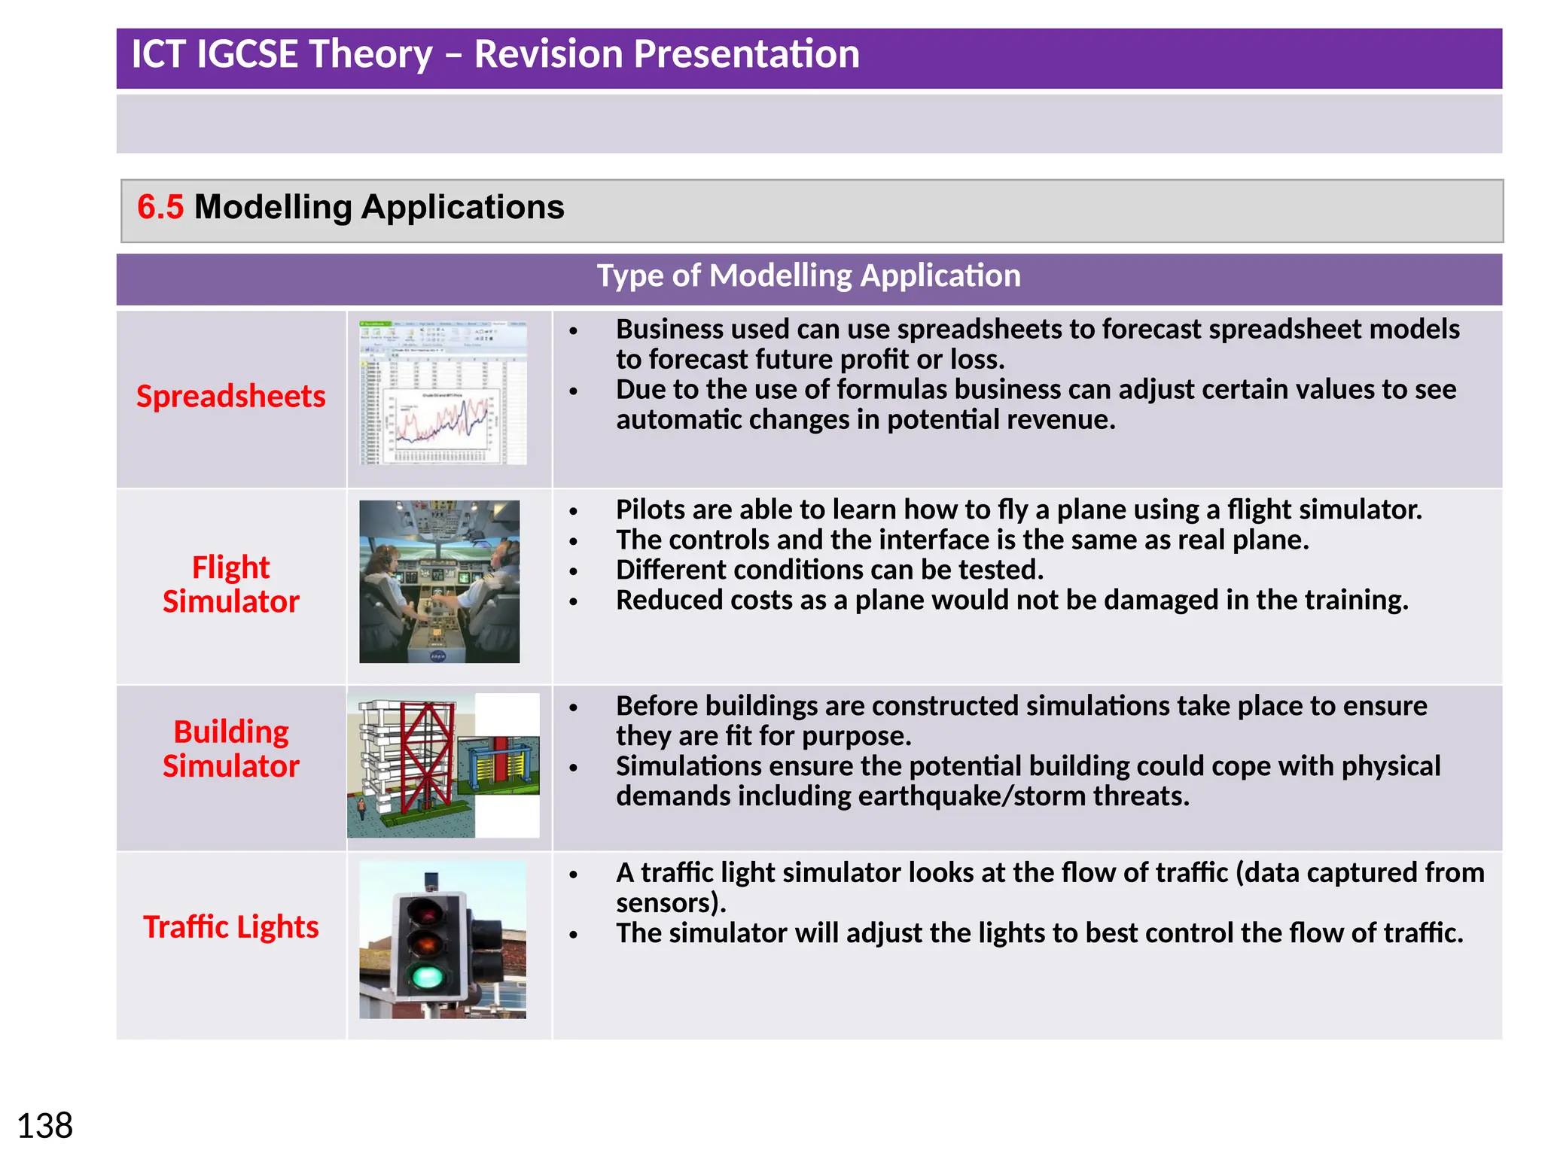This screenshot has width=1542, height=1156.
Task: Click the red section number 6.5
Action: [x=160, y=208]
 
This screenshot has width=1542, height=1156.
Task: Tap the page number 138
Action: [x=44, y=1127]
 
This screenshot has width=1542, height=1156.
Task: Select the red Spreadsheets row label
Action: [x=230, y=397]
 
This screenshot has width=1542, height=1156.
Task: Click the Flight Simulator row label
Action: [x=230, y=584]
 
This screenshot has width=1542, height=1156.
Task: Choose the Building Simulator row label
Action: [x=230, y=749]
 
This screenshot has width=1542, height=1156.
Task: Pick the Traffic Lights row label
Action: [x=230, y=927]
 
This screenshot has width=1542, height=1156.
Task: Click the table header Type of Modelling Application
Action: [x=808, y=276]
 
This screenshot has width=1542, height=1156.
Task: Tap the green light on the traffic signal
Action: [x=427, y=977]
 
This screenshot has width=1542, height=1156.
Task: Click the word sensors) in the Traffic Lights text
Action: [x=671, y=903]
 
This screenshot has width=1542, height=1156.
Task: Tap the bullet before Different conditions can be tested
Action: [x=574, y=572]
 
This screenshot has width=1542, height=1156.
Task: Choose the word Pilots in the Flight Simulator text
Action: [x=650, y=510]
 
